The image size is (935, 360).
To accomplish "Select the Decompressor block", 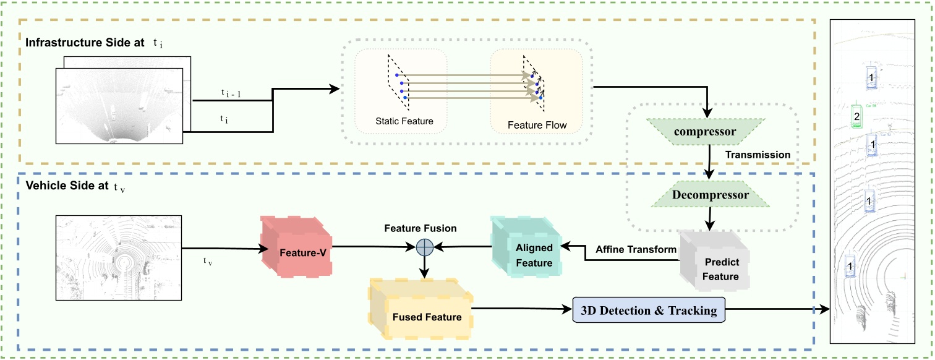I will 710,195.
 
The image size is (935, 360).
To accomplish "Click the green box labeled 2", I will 856,116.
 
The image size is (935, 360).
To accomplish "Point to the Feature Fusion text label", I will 421,228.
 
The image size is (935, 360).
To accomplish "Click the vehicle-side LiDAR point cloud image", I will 119,258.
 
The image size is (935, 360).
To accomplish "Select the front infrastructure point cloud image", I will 119,105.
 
